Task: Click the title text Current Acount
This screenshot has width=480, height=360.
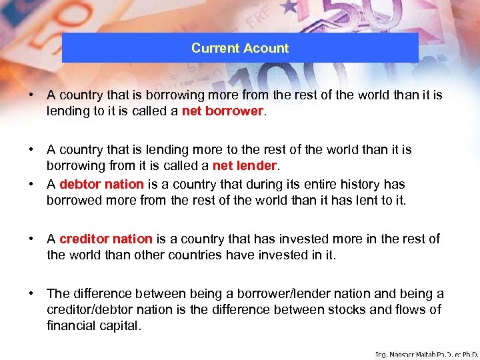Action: [240, 48]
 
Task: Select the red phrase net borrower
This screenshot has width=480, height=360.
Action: [223, 111]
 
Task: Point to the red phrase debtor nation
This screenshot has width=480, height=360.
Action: [101, 184]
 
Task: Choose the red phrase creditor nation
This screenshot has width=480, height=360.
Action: [106, 239]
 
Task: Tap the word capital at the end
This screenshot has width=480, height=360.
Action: [115, 326]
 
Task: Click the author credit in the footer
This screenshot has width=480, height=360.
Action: [427, 354]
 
